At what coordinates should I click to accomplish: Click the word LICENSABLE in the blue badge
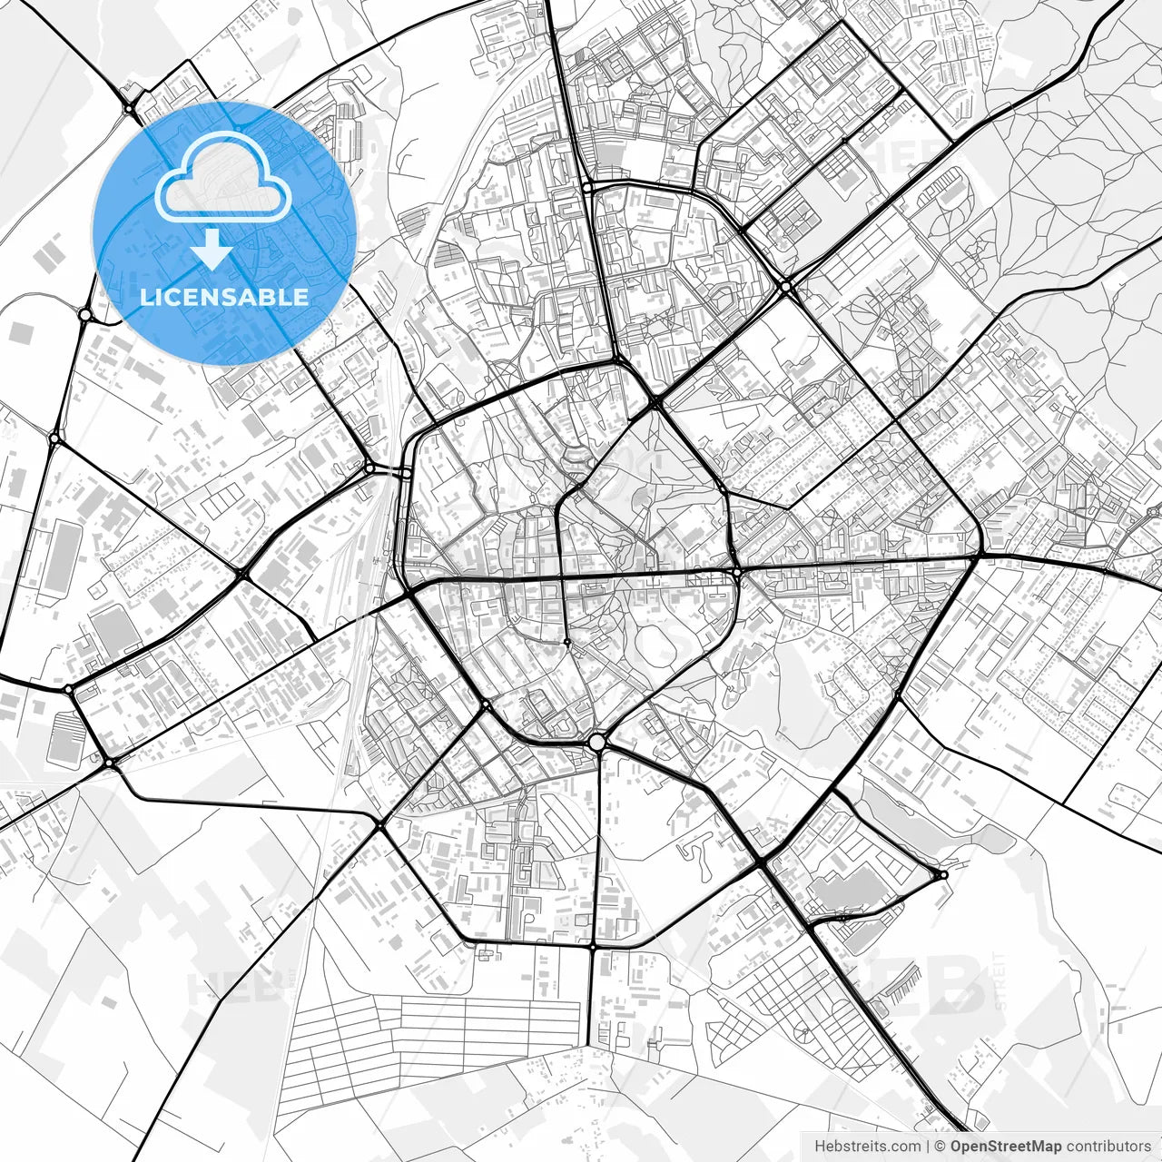pos(224,297)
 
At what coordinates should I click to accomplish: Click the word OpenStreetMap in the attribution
pos(1005,1147)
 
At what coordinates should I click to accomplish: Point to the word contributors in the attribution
pos(1108,1147)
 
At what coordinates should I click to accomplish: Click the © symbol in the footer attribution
pos(940,1147)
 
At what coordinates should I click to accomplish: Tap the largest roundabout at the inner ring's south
pos(596,743)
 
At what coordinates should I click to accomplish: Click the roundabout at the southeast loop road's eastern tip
pos(943,874)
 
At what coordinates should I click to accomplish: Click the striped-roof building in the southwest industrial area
pos(65,737)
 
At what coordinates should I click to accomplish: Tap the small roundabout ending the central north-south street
pos(566,642)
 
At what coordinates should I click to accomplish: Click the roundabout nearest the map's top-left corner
pos(130,109)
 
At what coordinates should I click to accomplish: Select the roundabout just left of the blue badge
pos(85,315)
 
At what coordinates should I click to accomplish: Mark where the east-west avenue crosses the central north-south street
pos(564,577)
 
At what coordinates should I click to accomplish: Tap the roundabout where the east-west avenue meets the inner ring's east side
pos(737,574)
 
